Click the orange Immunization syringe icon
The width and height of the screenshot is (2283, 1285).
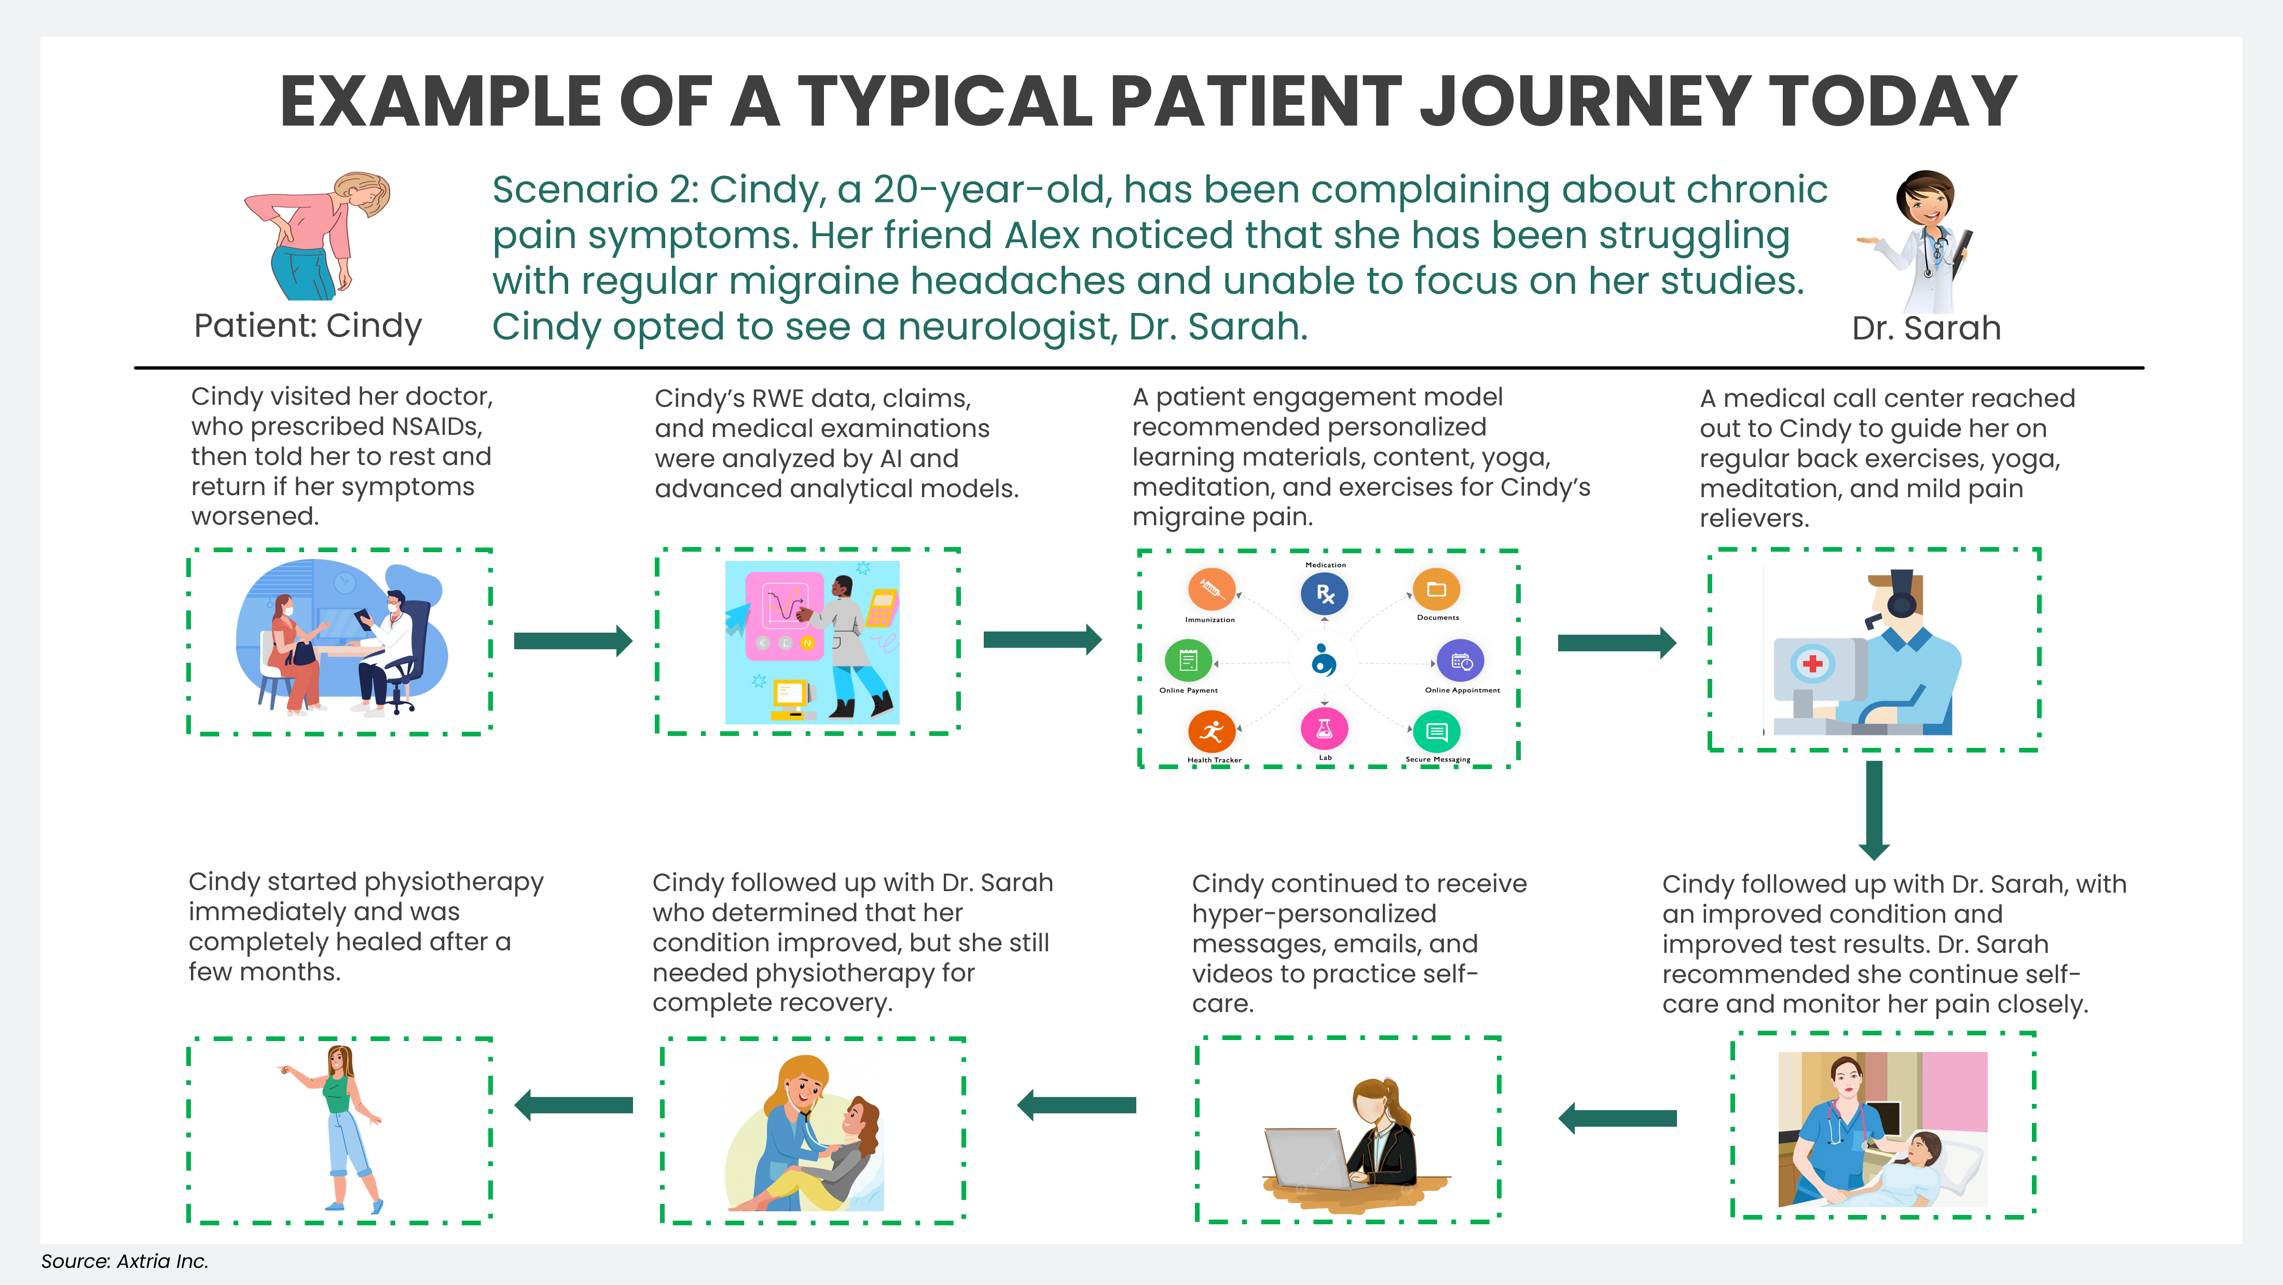click(1211, 589)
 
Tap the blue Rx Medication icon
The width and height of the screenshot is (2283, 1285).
click(1324, 594)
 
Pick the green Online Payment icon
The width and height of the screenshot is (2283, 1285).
click(1188, 660)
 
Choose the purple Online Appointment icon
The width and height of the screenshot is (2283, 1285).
click(1461, 661)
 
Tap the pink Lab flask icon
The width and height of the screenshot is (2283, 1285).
click(1324, 729)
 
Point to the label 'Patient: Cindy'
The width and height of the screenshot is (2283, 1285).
click(308, 326)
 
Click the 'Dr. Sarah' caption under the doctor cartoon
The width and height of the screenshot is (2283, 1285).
click(1926, 328)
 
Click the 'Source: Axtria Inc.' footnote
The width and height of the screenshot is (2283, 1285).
click(124, 1261)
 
